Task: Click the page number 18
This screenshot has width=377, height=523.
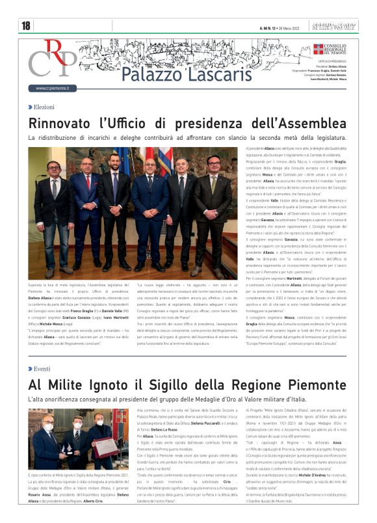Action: [26, 26]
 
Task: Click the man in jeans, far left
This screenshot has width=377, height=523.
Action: [53, 208]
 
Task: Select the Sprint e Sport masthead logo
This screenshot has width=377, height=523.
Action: [341, 27]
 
